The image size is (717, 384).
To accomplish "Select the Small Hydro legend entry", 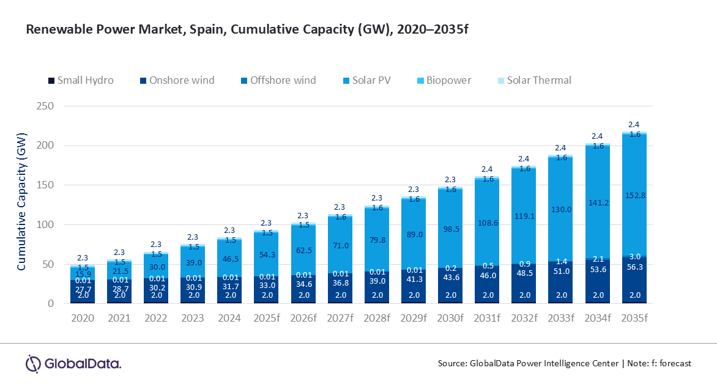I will [x=85, y=80].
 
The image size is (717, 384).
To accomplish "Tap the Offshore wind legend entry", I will [x=283, y=80].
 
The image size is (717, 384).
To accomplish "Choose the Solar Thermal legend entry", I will [x=539, y=80].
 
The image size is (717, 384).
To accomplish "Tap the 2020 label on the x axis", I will [x=82, y=319].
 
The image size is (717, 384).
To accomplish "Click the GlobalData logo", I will [x=73, y=363].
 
